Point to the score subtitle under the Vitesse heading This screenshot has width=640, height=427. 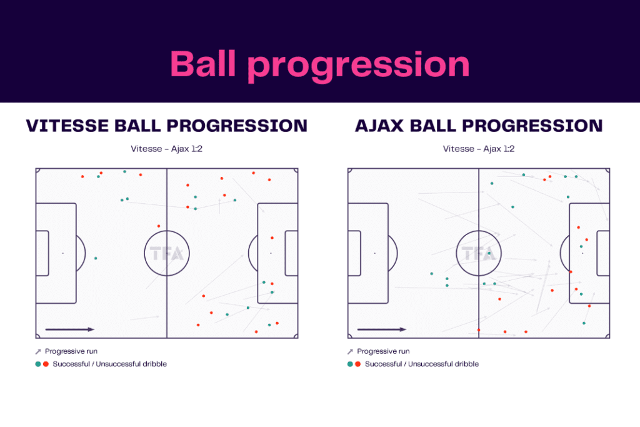point(166,149)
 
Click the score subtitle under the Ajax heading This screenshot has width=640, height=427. point(479,149)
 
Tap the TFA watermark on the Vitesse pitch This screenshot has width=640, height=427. point(166,253)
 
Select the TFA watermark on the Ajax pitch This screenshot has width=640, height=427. point(478,253)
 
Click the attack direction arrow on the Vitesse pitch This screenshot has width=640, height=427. point(69,329)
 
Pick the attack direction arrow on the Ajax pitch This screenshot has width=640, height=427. point(381,329)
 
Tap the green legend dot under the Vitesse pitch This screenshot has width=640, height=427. point(38,364)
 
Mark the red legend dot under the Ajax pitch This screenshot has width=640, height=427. point(357,364)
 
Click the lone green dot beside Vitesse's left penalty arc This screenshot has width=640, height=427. point(96,258)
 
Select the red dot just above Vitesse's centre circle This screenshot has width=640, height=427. point(159,226)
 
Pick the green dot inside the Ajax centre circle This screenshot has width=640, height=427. point(489,253)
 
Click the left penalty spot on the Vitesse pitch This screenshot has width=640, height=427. point(62,253)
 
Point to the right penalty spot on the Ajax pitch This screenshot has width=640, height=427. point(582,253)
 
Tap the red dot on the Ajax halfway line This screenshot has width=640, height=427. point(479,329)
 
